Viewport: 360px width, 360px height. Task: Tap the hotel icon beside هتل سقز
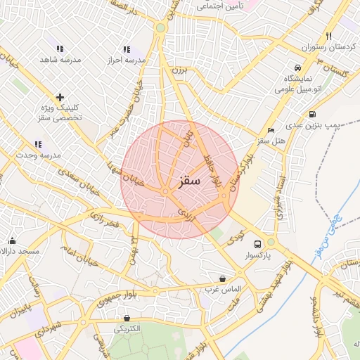coord(271,131)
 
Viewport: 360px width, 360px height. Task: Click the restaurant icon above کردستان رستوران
coord(328,37)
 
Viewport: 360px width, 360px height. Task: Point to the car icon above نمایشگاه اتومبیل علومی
coord(298,67)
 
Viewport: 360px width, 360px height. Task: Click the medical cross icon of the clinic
coord(60,97)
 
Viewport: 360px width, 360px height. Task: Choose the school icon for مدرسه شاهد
coord(60,49)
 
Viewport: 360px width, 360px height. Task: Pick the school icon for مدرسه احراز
coord(126,49)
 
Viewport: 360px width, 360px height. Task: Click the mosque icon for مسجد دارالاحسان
coord(12,240)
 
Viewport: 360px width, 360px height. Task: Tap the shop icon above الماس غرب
coord(223,279)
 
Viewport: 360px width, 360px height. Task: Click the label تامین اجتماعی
coord(220,6)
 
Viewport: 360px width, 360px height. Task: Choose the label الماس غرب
coord(223,290)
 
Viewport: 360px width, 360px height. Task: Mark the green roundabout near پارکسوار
coord(271,242)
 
